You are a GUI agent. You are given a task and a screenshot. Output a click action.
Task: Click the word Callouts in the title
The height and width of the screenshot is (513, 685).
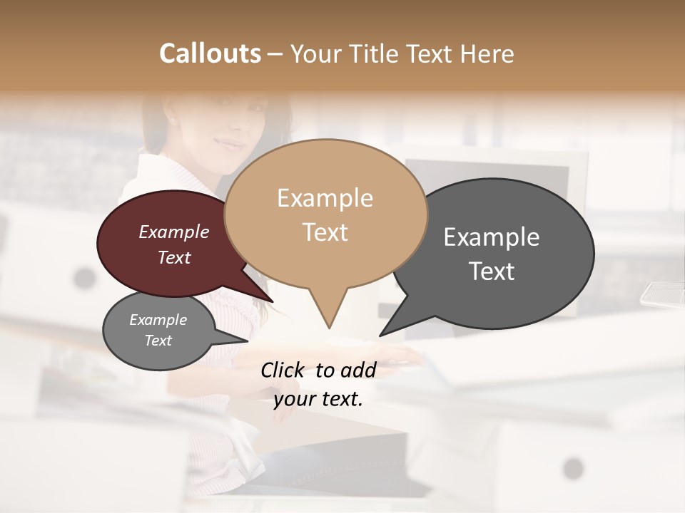pos(210,53)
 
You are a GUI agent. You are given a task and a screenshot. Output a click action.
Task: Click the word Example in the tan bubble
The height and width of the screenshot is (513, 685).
pos(325,198)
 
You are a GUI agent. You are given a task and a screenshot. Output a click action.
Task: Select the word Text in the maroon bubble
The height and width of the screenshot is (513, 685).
pos(174,258)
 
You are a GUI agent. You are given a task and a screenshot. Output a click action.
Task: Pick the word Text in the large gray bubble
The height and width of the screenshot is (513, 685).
pos(492,271)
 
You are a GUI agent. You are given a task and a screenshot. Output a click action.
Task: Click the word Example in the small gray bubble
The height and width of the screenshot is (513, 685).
pos(158,320)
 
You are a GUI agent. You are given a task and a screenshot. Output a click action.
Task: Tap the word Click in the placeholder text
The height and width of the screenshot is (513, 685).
pos(283,370)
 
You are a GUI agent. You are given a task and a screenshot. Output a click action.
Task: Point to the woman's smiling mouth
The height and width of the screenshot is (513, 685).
pos(230,145)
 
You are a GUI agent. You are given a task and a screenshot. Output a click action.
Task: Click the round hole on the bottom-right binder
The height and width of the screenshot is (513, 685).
pos(573,468)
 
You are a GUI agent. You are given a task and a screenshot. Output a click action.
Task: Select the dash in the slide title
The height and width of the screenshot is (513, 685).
pos(276,53)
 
